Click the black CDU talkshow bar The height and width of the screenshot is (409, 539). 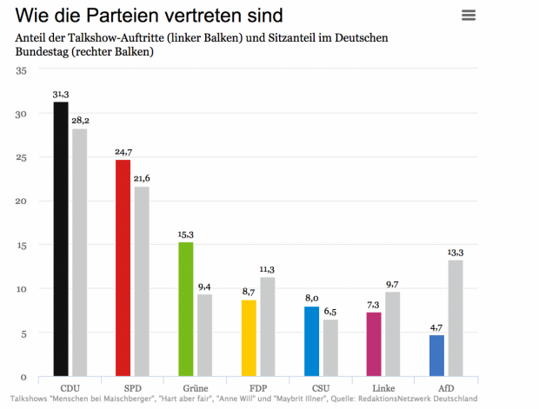point(60,239)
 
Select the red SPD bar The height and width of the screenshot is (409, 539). point(123,268)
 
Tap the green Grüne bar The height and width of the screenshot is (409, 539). point(185,309)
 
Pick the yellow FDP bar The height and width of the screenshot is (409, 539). point(249,338)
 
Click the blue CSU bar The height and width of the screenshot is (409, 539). point(311,341)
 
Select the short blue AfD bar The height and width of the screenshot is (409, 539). point(436,355)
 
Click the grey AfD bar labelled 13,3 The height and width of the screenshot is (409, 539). point(456,318)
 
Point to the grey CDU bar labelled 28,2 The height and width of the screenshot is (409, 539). point(79,253)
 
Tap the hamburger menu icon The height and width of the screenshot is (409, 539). point(469,15)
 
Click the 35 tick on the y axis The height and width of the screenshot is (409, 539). point(21,70)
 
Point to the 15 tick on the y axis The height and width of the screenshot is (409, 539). point(21,246)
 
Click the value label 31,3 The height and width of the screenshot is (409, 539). point(60,94)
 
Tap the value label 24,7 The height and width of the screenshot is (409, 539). point(123,152)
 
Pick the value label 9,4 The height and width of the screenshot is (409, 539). point(204,287)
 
